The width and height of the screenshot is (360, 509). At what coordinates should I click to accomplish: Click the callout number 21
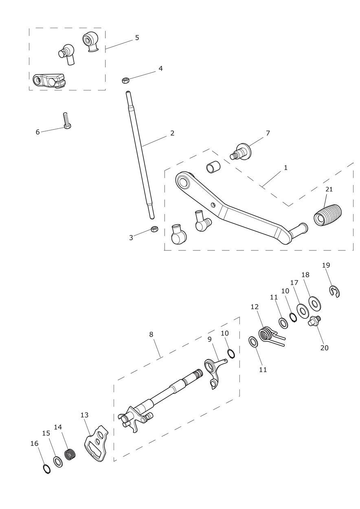tap(329, 189)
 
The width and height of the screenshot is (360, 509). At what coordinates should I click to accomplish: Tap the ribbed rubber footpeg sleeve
tap(328, 214)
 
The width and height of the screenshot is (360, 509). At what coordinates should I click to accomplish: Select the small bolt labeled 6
tap(66, 121)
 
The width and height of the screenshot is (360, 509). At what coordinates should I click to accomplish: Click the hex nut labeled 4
tap(125, 80)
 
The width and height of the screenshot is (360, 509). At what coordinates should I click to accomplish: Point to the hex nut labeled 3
tap(154, 229)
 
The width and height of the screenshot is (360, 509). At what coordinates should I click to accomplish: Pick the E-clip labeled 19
tap(335, 291)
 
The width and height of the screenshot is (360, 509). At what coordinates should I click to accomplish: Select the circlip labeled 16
tap(47, 469)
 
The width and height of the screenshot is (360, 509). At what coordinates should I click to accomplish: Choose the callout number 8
tap(151, 334)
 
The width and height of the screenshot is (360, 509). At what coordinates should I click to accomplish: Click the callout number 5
tap(137, 37)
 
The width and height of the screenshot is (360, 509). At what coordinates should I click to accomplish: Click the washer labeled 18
tap(314, 303)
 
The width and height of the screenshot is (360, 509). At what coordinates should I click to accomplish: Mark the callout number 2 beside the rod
tap(172, 133)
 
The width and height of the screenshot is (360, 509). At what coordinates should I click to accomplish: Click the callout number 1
tap(285, 167)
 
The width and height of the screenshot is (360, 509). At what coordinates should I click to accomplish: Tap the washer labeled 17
tap(303, 311)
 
